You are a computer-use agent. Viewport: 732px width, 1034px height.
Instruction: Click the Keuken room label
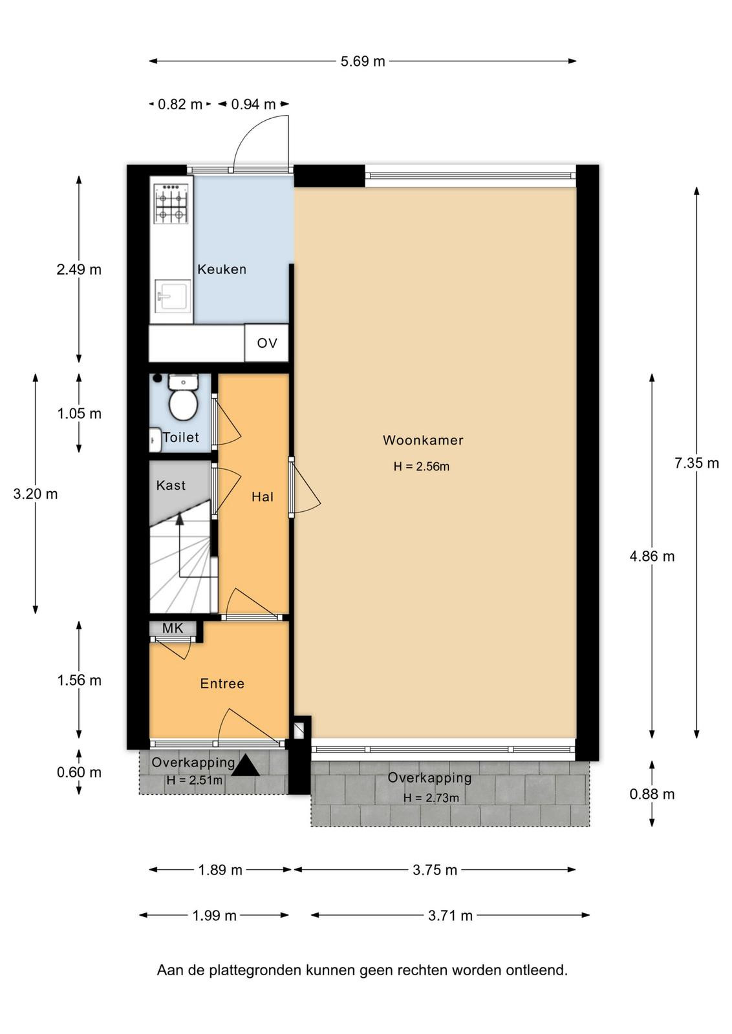click(x=222, y=269)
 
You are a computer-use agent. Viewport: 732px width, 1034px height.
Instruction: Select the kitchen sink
click(x=173, y=296)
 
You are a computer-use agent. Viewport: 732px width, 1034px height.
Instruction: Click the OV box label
click(x=267, y=343)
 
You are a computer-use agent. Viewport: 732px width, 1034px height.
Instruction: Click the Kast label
click(x=171, y=485)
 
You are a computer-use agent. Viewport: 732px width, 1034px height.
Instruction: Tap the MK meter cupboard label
click(x=173, y=628)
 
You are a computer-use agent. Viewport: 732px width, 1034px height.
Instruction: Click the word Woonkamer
click(x=422, y=440)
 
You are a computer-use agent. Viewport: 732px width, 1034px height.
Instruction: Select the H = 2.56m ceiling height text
click(x=421, y=466)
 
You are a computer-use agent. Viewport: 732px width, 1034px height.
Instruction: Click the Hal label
click(x=263, y=497)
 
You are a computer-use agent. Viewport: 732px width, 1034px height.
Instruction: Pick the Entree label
click(x=222, y=684)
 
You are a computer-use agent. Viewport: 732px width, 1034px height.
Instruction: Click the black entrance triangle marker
click(x=245, y=765)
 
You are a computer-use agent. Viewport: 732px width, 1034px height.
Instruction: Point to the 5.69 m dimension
click(x=363, y=61)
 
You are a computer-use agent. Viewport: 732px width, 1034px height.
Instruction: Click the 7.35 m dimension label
click(x=696, y=463)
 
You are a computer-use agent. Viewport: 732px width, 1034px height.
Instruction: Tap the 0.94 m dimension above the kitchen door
click(x=253, y=104)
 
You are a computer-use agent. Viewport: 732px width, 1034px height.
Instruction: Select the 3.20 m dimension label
click(x=36, y=494)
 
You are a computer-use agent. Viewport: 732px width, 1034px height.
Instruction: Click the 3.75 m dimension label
click(x=435, y=870)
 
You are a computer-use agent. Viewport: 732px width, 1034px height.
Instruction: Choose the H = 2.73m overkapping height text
click(x=431, y=797)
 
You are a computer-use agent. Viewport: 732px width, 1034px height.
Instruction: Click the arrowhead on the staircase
click(x=180, y=519)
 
